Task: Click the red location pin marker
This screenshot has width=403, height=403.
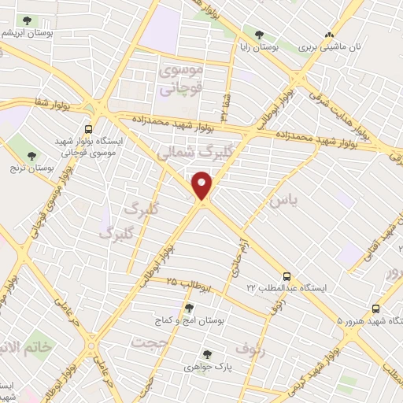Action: (203, 186)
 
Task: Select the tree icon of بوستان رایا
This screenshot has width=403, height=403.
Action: (259, 34)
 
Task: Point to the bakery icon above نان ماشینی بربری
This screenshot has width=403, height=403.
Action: (331, 34)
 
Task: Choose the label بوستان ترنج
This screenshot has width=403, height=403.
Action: (32, 168)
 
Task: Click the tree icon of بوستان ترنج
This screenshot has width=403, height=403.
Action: (32, 155)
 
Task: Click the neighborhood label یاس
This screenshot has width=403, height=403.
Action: (283, 201)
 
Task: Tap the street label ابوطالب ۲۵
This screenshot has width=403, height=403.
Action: (187, 283)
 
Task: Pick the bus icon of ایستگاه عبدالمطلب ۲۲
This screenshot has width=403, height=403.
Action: (287, 276)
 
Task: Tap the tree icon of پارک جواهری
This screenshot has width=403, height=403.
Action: (206, 354)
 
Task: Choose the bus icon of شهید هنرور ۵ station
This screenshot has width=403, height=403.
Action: (375, 309)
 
